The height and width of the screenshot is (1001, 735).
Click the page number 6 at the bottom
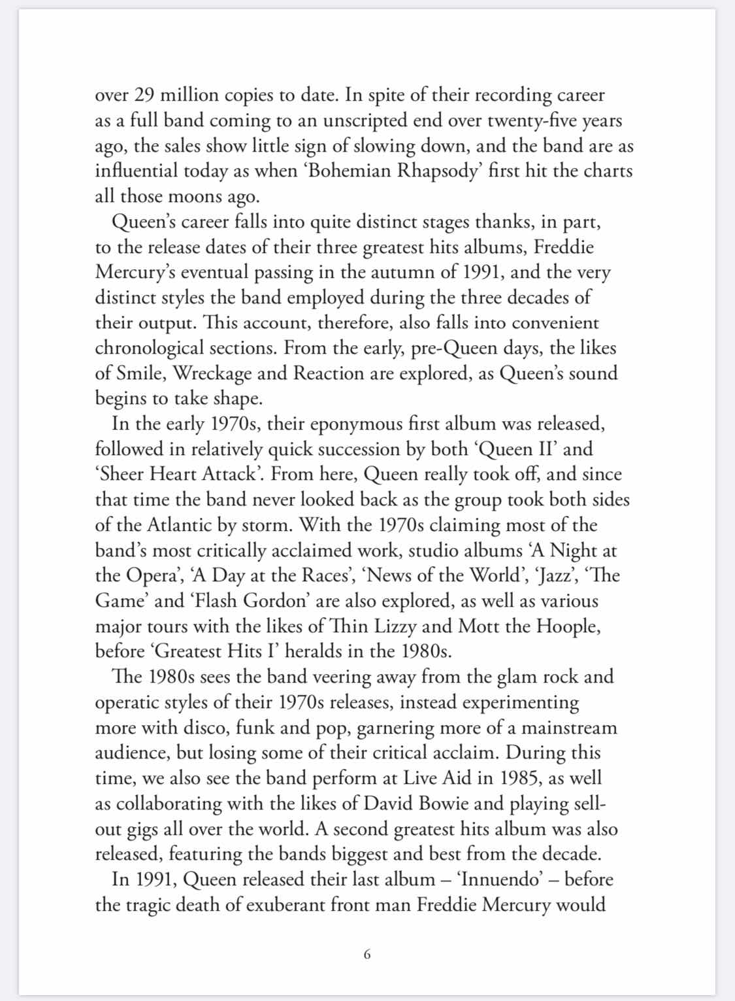[x=367, y=955]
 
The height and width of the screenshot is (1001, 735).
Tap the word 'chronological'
[x=151, y=348]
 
